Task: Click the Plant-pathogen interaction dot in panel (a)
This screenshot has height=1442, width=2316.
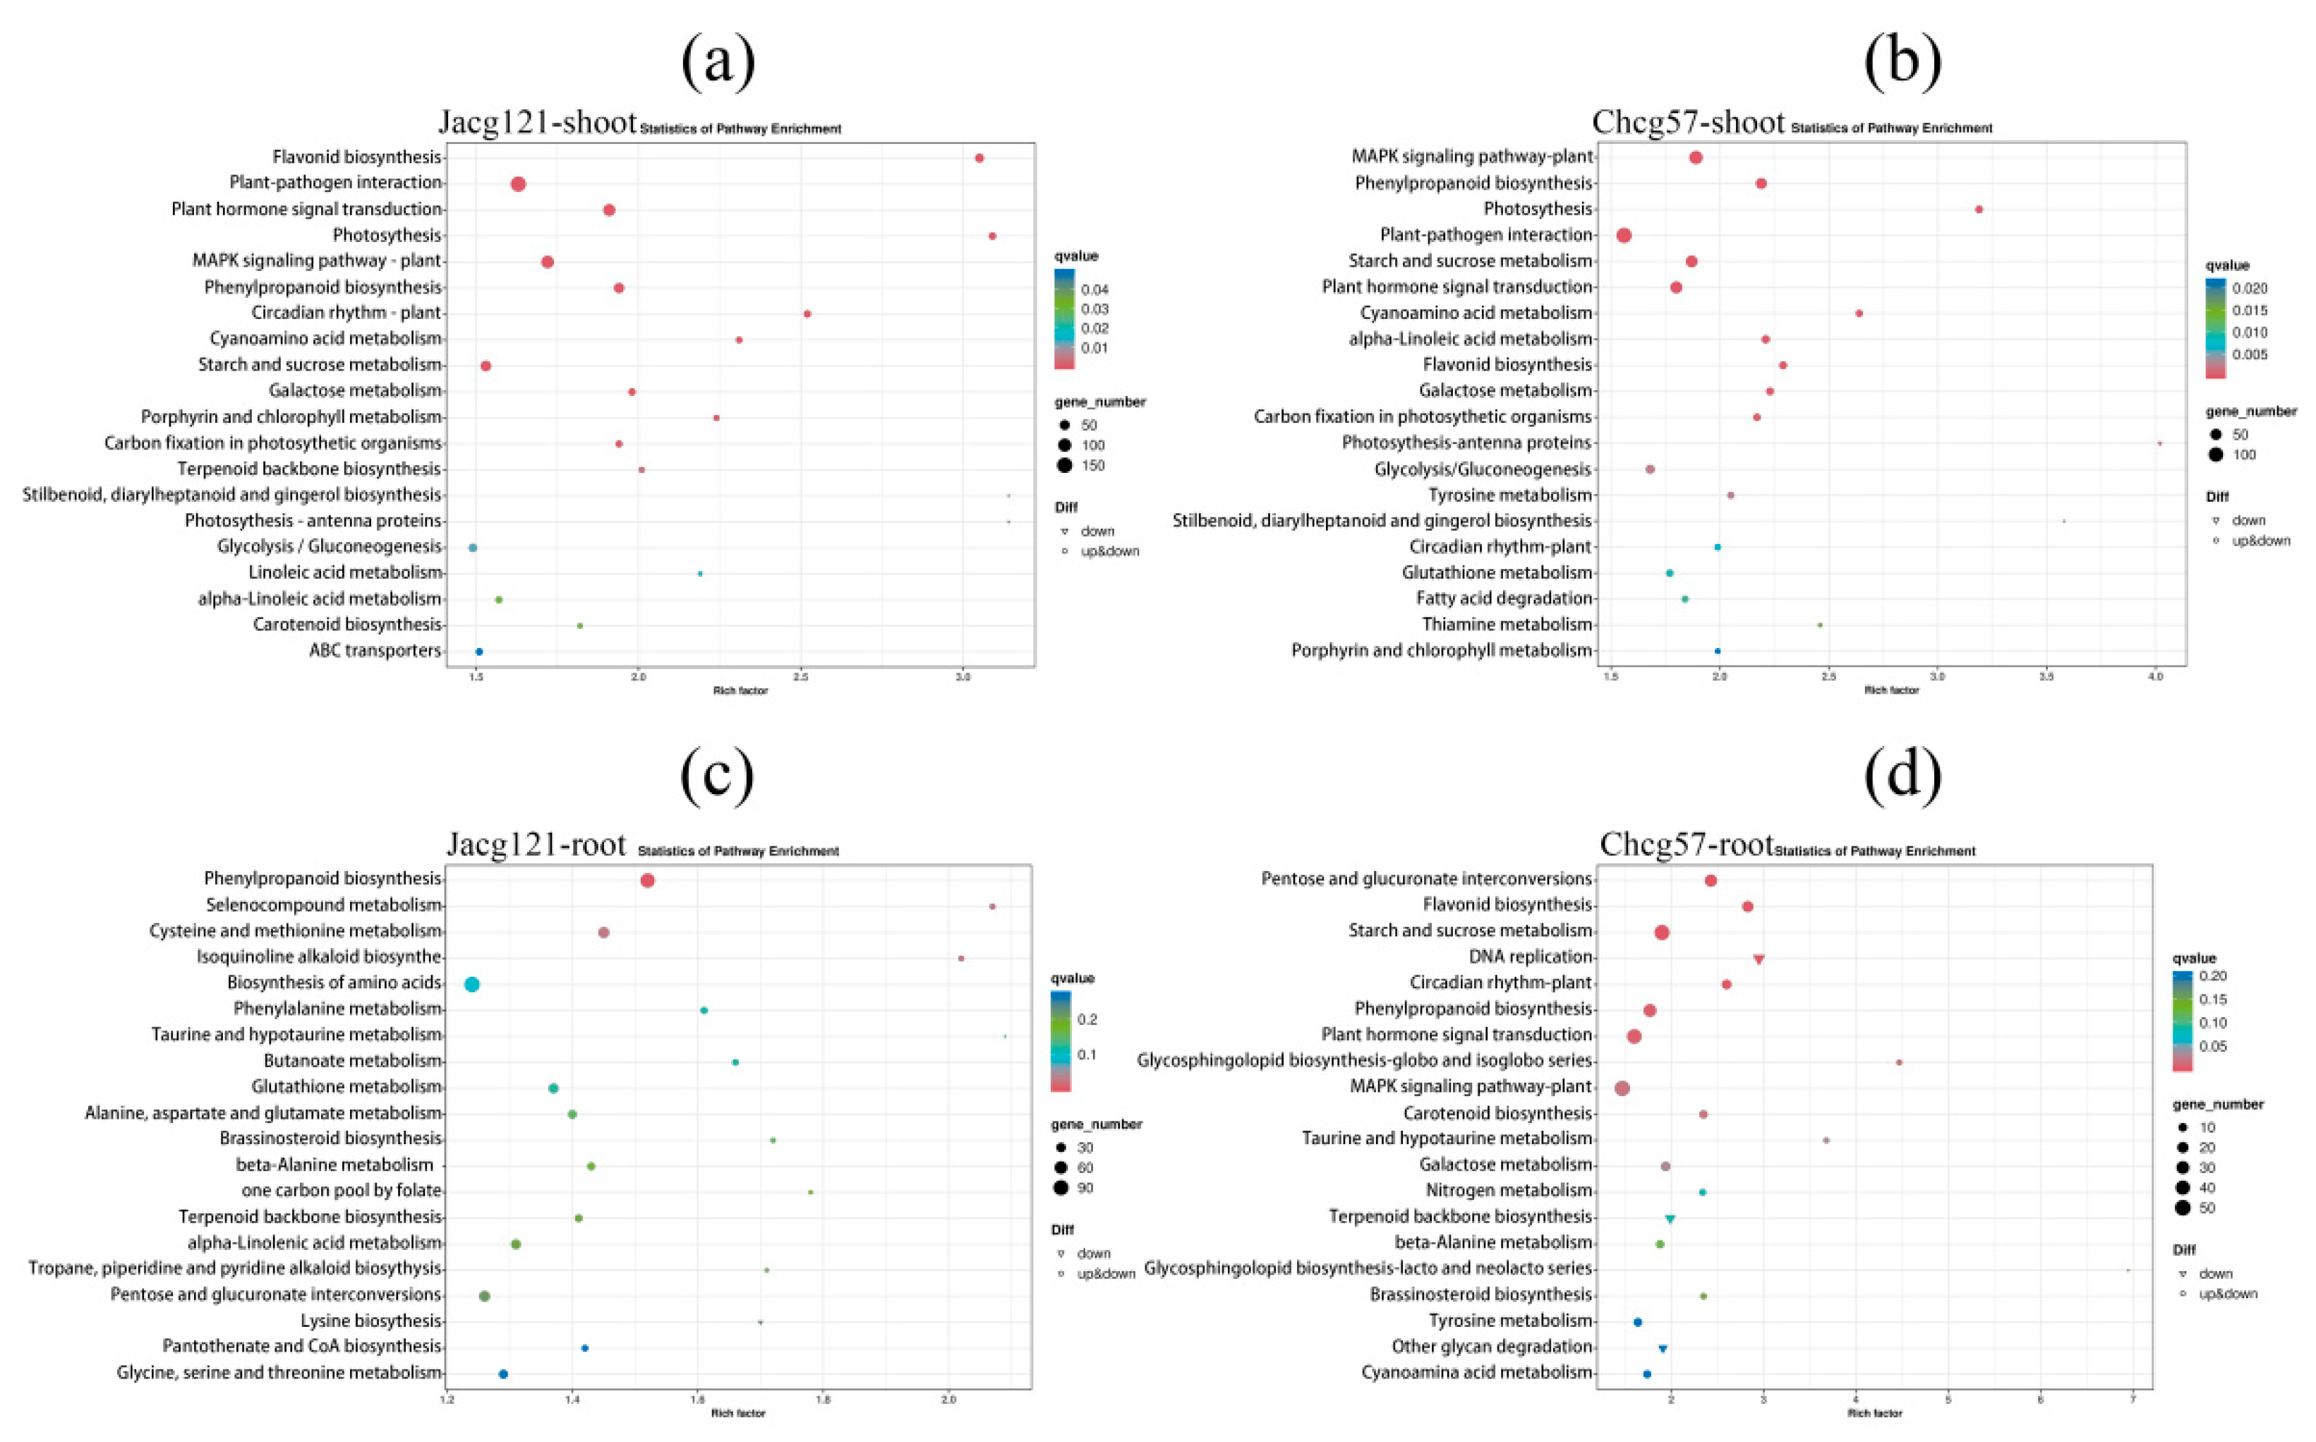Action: (x=518, y=184)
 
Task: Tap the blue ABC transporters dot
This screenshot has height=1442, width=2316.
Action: (x=478, y=652)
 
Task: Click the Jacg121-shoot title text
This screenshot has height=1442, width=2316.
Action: (x=537, y=123)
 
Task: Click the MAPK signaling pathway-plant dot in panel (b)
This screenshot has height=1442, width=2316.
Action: (x=1695, y=157)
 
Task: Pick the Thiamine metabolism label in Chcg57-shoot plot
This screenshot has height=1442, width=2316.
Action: (x=1507, y=625)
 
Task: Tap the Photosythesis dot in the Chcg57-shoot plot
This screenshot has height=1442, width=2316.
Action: (x=1979, y=210)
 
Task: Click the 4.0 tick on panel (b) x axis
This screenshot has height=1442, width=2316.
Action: (x=2155, y=677)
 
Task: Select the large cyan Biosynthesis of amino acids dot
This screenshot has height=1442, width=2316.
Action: (x=471, y=984)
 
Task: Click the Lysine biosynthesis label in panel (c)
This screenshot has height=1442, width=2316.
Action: (x=371, y=1321)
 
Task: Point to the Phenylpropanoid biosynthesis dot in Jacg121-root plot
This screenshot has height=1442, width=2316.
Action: (x=647, y=880)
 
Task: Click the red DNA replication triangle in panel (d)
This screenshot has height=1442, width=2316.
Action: (x=1759, y=959)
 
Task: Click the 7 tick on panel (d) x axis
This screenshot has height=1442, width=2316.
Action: (x=2132, y=1399)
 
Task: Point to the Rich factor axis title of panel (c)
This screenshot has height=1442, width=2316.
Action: (x=738, y=1413)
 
